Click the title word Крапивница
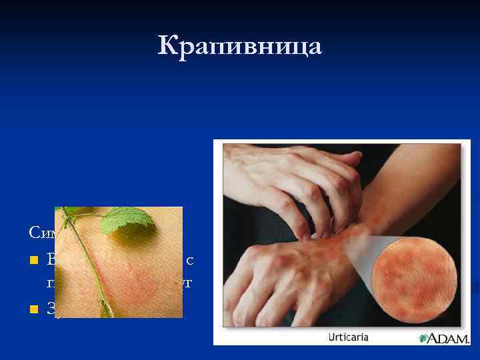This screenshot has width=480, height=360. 240,47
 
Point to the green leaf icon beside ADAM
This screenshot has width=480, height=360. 422,337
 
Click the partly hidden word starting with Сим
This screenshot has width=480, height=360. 42,233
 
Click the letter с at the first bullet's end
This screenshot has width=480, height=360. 197,259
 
